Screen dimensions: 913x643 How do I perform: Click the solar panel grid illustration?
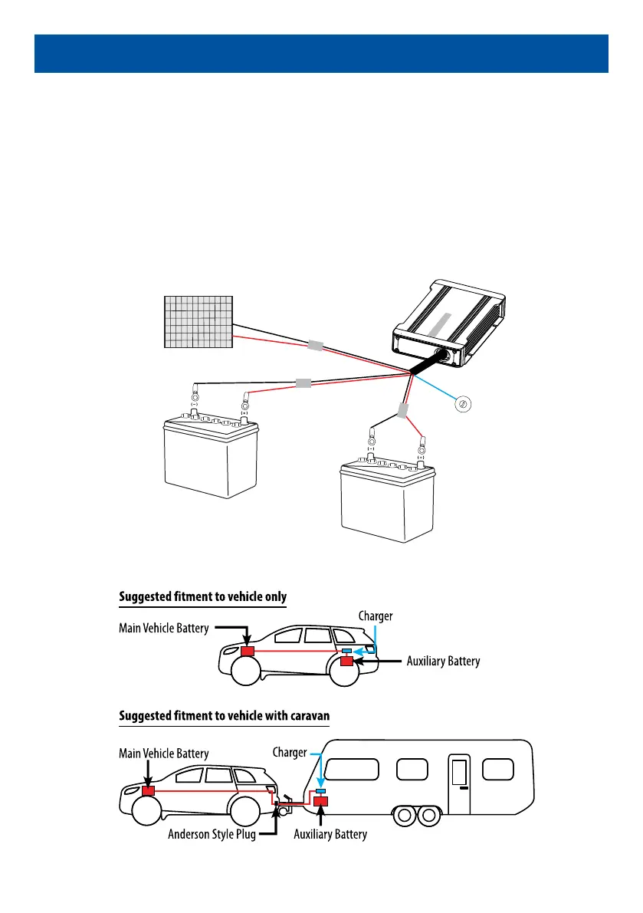[199, 321]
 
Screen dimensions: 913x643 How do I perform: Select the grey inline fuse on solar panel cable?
[316, 346]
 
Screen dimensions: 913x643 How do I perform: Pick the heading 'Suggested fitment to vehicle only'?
[202, 596]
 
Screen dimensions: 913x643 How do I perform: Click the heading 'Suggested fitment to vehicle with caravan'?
[224, 715]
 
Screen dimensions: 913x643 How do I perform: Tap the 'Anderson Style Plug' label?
[211, 834]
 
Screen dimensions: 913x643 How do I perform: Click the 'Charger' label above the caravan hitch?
[290, 752]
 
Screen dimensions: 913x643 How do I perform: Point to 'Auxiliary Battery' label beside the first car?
[443, 660]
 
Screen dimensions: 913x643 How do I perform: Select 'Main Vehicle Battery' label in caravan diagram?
[163, 753]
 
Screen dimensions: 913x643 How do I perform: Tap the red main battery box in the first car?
[248, 651]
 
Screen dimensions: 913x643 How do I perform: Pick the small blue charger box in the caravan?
[320, 790]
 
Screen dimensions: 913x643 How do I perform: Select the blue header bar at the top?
[321, 54]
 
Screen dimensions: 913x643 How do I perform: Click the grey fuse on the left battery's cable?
[303, 382]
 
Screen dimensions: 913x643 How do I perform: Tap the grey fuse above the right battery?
[403, 411]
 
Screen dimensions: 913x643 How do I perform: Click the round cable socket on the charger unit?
[441, 356]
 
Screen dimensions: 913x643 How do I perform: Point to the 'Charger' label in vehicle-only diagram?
[376, 616]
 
